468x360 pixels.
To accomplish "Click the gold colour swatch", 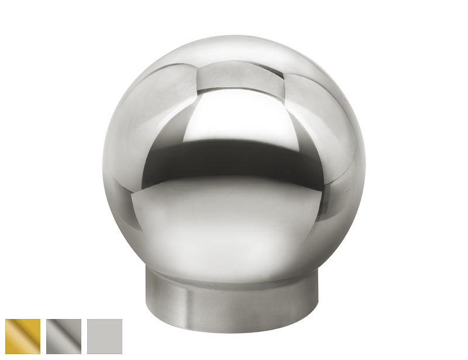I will [23, 337].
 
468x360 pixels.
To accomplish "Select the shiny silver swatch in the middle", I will [64, 337].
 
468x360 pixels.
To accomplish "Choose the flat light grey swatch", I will [105, 337].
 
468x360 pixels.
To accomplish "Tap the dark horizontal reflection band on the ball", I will [234, 159].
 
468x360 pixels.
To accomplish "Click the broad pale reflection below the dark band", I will [234, 217].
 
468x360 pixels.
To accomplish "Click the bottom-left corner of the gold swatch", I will [6, 354].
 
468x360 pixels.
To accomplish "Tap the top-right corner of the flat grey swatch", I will [122, 320].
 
